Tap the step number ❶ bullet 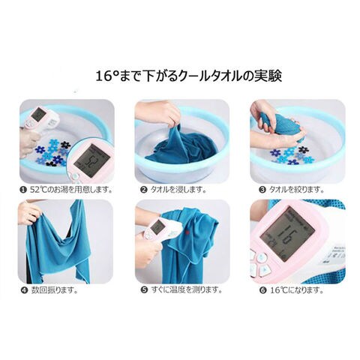point(23,190)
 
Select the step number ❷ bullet point(144,190)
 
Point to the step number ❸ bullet point(262,190)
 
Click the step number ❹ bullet point(24,290)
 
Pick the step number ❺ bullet point(144,290)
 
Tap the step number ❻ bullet point(262,290)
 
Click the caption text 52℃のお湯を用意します point(70,190)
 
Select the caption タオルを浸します point(178,190)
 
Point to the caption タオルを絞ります point(296,190)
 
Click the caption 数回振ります point(55,290)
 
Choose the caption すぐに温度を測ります point(187,290)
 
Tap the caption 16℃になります point(297,290)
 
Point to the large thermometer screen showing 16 point(286,233)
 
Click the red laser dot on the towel point(187,233)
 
